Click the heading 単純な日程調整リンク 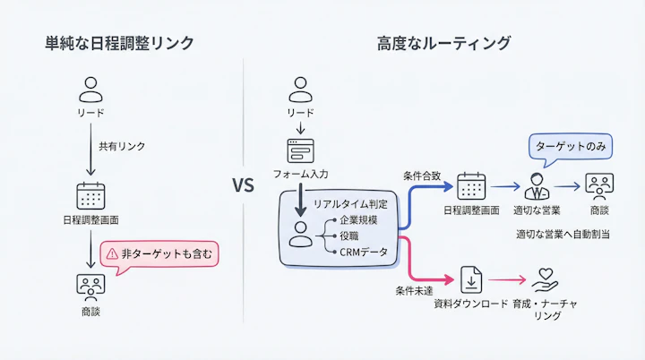[x=119, y=42]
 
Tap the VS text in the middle [x=244, y=186]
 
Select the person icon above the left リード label [x=90, y=90]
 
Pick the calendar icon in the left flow [x=90, y=195]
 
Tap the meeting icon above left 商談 [x=90, y=286]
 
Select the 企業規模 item [x=357, y=220]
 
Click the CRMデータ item [x=363, y=253]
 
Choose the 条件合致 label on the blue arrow [x=423, y=176]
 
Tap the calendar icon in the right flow [x=470, y=186]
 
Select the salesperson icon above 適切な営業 [x=537, y=186]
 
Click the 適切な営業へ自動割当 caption [x=562, y=234]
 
